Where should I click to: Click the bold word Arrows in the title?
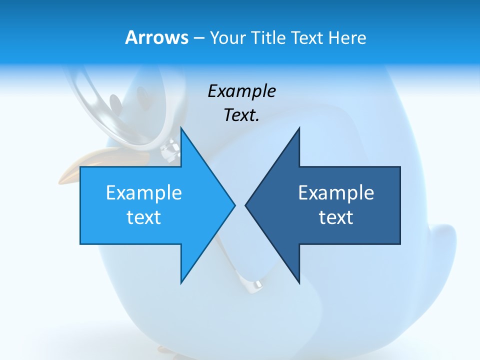(x=156, y=38)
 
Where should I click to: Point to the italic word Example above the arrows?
(x=241, y=91)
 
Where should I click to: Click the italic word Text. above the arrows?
(x=241, y=115)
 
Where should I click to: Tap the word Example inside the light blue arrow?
(x=144, y=193)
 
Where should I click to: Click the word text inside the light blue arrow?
(x=144, y=217)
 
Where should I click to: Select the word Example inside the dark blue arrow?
(x=336, y=193)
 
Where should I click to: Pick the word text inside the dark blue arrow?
(x=336, y=217)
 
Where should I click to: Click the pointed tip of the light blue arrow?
(x=234, y=204)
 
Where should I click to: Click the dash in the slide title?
(x=198, y=38)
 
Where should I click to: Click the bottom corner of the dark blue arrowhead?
(x=299, y=282)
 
